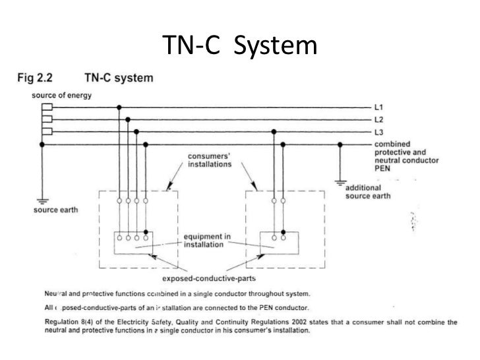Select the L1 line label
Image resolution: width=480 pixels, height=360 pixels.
379,107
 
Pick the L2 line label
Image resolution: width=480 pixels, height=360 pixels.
379,119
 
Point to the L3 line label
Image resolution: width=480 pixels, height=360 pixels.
379,132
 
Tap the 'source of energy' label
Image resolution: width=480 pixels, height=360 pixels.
60,95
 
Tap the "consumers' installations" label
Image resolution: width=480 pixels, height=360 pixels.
209,160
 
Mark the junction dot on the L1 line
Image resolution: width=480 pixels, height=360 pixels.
119,107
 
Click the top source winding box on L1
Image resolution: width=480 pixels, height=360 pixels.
47,107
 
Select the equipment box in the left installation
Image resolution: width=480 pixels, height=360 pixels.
131,243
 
